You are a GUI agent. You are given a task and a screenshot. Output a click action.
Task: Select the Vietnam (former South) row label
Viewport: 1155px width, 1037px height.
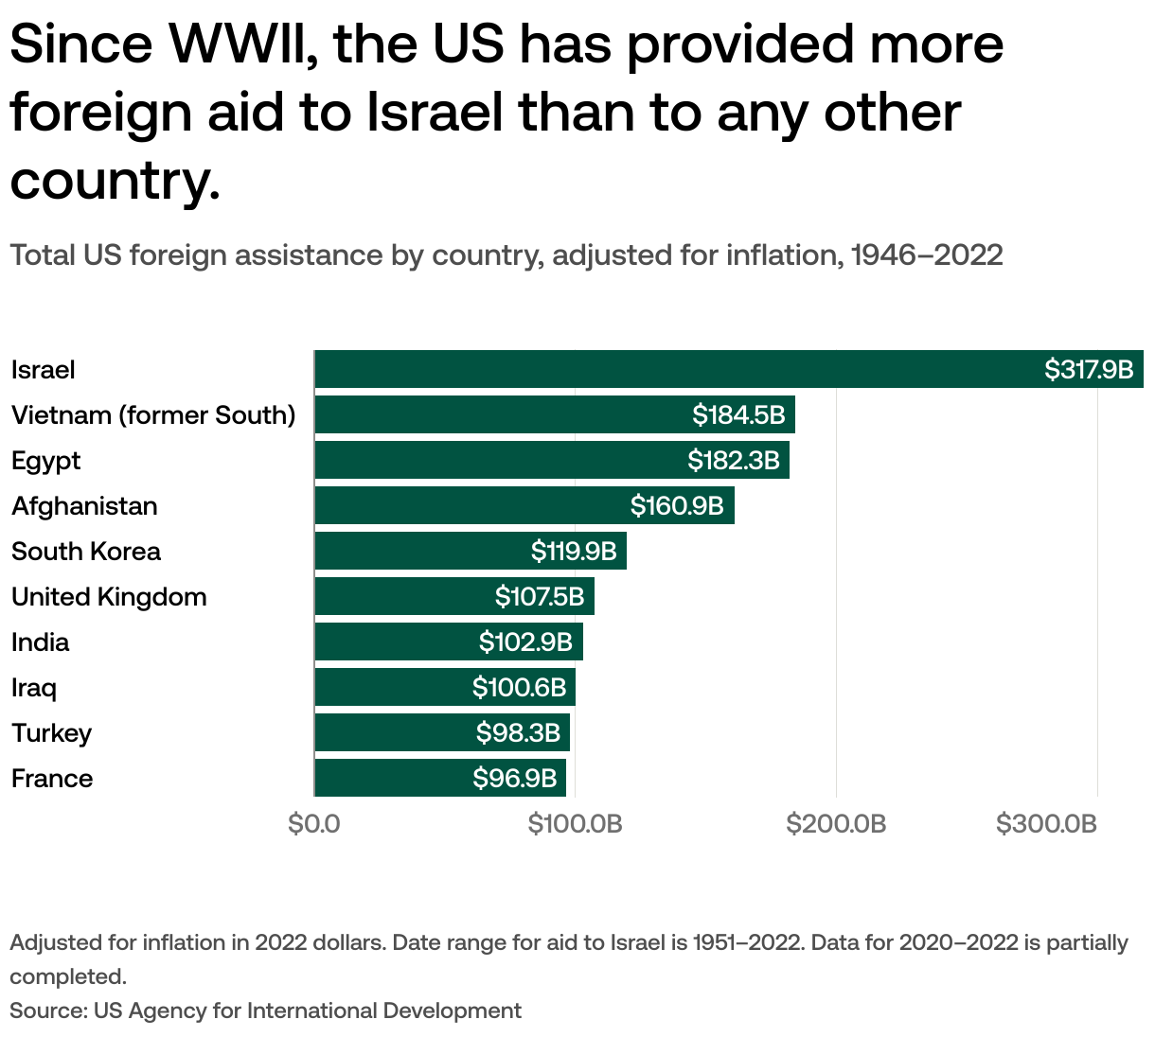tap(153, 415)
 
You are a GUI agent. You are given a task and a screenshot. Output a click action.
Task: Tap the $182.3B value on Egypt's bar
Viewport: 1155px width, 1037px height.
tap(734, 461)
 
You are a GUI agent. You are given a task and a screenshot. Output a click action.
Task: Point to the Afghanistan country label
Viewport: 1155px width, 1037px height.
tap(84, 506)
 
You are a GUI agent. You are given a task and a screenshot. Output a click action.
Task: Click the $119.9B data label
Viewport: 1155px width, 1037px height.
tap(574, 552)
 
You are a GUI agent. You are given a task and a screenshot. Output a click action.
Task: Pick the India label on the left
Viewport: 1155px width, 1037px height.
tap(41, 642)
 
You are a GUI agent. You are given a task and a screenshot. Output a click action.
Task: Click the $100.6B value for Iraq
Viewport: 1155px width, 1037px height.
tap(519, 688)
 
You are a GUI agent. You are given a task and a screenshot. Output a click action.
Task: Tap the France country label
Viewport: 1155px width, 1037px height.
tap(52, 779)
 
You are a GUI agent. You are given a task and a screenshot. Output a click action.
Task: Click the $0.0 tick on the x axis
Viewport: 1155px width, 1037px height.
tap(314, 824)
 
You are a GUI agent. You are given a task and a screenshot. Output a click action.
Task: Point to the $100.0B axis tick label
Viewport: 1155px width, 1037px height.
tap(575, 824)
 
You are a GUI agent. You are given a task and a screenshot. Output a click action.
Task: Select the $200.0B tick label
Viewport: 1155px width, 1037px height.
tap(836, 824)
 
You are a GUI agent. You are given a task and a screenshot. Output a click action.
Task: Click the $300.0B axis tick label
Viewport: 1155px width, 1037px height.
tap(1046, 824)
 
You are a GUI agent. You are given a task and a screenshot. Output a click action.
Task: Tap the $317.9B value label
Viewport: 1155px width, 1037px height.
tap(1089, 370)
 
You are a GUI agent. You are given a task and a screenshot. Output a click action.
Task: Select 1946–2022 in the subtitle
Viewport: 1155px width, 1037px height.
tap(927, 255)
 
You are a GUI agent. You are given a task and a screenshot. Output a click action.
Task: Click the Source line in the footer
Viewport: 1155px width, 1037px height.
tap(265, 1011)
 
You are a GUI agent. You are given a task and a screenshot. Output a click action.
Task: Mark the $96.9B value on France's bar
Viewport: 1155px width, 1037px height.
tap(515, 779)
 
